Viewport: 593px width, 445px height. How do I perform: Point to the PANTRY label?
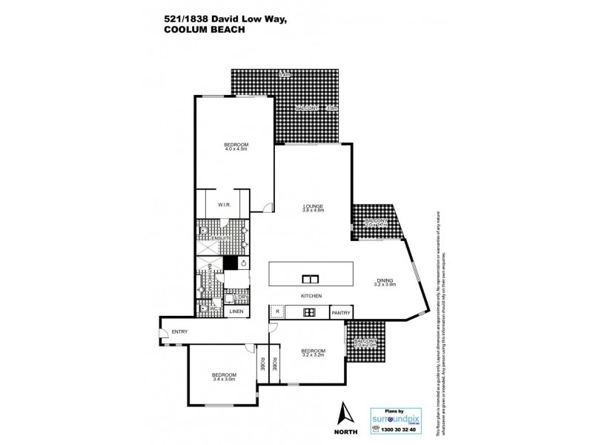[340, 313]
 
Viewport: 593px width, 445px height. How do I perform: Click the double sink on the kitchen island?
[309, 279]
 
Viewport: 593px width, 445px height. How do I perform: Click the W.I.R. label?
[225, 205]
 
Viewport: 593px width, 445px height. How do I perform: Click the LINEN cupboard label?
[236, 311]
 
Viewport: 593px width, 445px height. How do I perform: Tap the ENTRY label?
[179, 332]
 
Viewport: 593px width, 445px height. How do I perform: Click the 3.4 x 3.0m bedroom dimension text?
[222, 379]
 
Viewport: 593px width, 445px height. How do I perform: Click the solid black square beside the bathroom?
[231, 262]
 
